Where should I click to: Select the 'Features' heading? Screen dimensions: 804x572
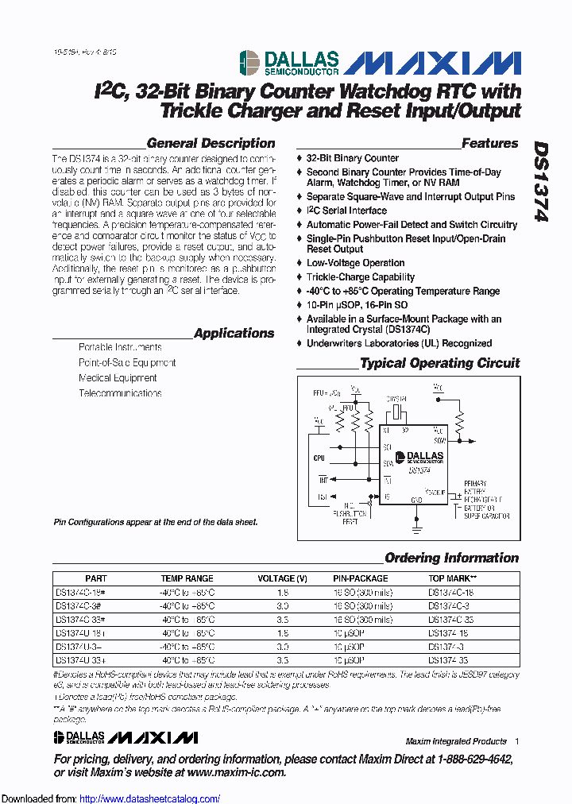click(x=489, y=144)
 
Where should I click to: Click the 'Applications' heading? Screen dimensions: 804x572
click(x=234, y=334)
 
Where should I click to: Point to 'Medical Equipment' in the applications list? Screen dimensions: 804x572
click(x=118, y=378)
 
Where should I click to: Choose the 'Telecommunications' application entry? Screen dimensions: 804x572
click(x=120, y=393)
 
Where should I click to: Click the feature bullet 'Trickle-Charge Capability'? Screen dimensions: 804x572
click(x=361, y=277)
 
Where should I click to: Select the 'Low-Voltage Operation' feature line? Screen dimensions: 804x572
click(x=356, y=263)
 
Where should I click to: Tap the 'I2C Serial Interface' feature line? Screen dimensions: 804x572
click(x=346, y=211)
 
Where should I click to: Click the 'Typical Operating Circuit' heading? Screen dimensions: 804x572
click(x=439, y=364)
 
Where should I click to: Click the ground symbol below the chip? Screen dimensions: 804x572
click(x=416, y=524)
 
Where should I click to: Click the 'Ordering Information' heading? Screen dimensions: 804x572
click(x=451, y=559)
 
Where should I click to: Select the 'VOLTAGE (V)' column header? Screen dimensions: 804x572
click(x=282, y=578)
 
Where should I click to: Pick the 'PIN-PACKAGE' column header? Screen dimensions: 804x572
click(x=361, y=578)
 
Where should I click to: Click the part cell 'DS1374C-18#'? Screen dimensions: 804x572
click(x=80, y=593)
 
